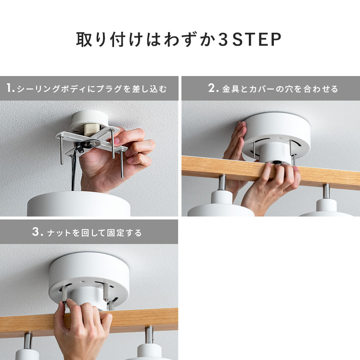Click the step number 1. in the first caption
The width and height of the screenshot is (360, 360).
(x=11, y=88)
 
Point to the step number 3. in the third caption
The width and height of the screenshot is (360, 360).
(x=38, y=231)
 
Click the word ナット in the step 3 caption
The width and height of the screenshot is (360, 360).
(x=59, y=233)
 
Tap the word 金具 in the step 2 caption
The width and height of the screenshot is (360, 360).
(x=231, y=89)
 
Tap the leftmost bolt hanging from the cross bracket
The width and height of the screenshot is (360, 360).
(x=62, y=150)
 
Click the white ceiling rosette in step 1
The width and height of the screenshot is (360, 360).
(x=89, y=120)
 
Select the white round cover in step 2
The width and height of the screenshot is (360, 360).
(x=277, y=135)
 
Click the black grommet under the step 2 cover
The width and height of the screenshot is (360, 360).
(x=276, y=162)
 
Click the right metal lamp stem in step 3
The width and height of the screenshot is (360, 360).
(x=149, y=335)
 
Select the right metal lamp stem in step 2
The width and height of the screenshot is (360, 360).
(x=326, y=192)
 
